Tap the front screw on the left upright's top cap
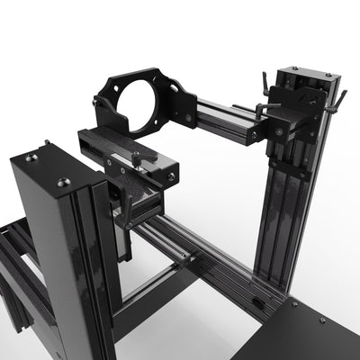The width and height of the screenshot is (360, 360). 62,183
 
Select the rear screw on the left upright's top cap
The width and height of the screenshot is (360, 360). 32,157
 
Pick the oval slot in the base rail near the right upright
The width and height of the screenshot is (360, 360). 258,303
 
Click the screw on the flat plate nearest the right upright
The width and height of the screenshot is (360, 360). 293,304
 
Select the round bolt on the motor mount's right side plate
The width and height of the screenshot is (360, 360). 189,116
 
